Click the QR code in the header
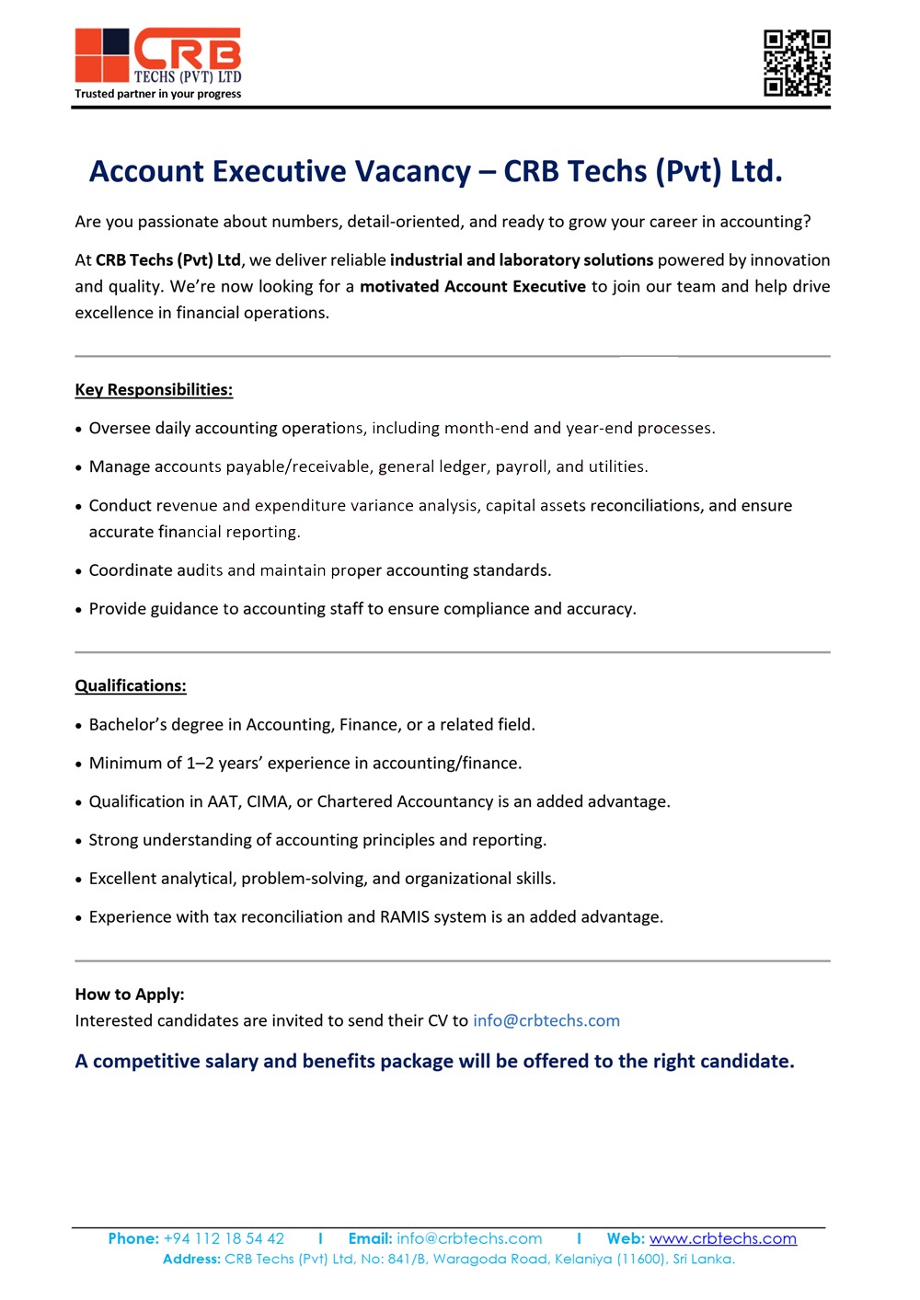797,63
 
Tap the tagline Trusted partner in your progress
158,94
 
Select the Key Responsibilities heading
154,390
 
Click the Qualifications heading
131,686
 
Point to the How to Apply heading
130,995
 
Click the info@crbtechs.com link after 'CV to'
546,1021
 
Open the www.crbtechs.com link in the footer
723,1239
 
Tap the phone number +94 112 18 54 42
224,1239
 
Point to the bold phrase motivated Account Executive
473,287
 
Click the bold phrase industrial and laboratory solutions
522,260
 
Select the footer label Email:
370,1239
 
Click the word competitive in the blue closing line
146,1062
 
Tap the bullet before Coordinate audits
79,571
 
